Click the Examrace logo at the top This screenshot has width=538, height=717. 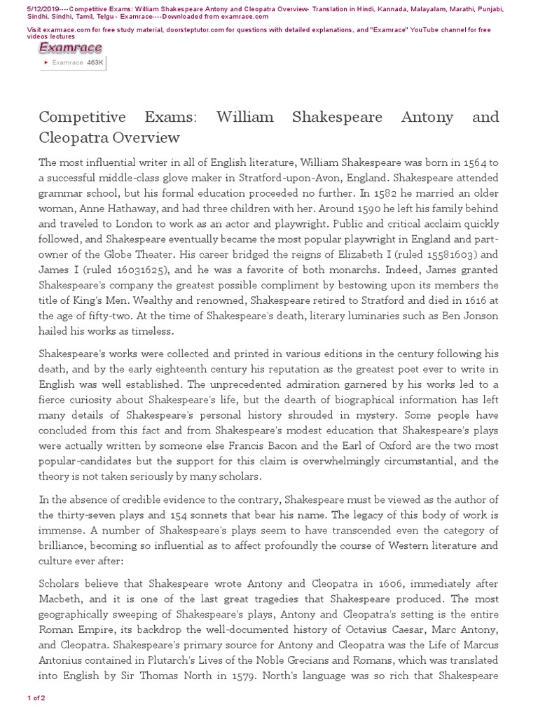70,48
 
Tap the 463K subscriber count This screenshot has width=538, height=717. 95,62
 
